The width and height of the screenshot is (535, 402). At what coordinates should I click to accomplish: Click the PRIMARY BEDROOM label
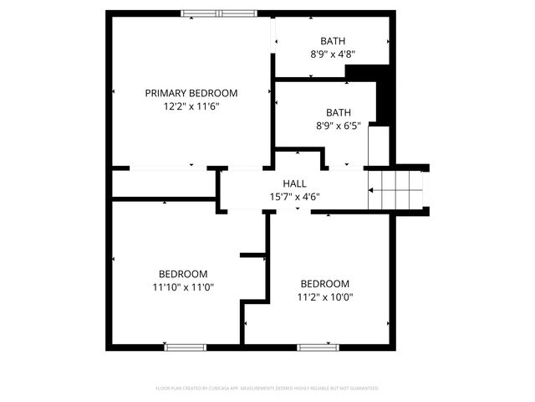(191, 93)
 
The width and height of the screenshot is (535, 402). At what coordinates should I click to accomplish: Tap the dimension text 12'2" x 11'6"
(191, 106)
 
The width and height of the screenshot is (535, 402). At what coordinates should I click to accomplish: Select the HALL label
(294, 183)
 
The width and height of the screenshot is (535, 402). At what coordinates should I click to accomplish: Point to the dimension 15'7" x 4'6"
(294, 197)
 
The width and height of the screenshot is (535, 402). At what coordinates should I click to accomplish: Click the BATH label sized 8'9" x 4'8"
(333, 41)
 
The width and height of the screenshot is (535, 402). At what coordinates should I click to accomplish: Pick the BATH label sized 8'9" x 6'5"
(339, 112)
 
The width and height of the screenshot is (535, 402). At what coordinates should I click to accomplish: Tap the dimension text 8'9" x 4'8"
(333, 54)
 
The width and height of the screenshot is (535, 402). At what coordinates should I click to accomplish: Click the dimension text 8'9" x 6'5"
(339, 126)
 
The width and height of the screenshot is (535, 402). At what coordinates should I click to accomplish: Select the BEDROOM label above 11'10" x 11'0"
(183, 274)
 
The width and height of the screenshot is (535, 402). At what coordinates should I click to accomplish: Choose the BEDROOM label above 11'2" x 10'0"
(325, 283)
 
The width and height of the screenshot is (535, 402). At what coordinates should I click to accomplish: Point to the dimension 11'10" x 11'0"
(183, 287)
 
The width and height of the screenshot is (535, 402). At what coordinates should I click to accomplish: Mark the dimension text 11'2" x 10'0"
(325, 296)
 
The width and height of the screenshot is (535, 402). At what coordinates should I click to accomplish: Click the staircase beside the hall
(398, 189)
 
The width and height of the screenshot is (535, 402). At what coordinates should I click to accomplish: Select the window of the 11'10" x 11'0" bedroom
(185, 347)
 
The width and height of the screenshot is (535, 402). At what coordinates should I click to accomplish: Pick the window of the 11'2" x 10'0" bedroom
(318, 347)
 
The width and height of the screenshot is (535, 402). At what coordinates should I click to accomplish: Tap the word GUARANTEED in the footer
(362, 389)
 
